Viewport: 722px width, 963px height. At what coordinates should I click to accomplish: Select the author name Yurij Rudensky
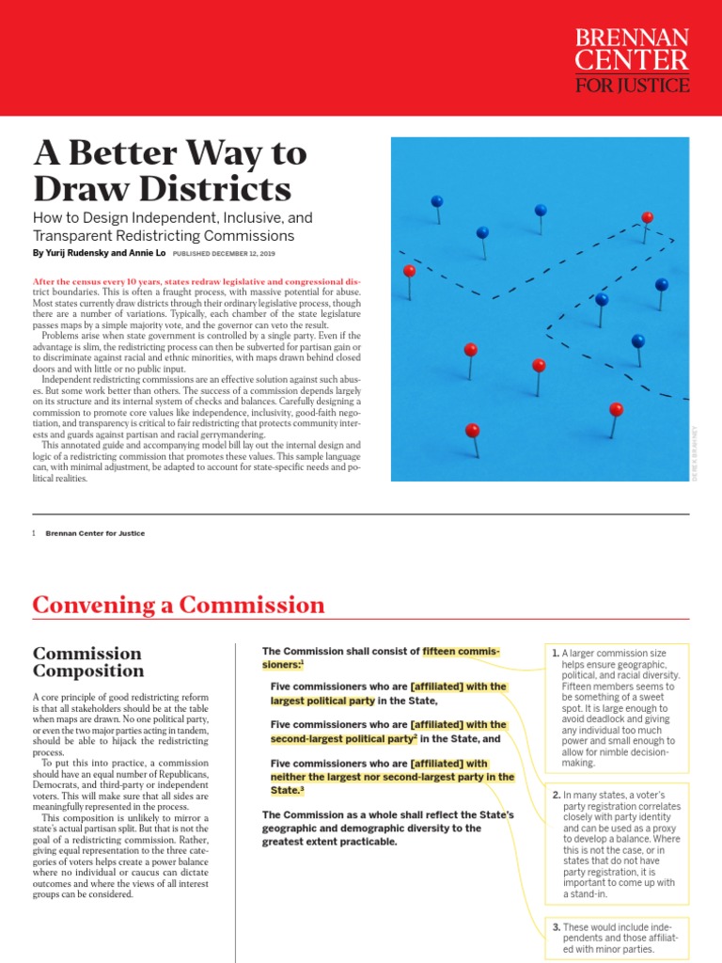pos(83,254)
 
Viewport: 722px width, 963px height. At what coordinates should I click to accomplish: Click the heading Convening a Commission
pos(179,605)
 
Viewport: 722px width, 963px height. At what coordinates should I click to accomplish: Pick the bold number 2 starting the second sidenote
pos(556,796)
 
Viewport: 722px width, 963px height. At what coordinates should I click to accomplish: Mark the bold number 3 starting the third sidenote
pos(556,928)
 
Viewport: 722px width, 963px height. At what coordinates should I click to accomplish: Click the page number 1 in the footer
pos(34,533)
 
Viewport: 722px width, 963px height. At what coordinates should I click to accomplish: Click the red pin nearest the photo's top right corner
pos(647,217)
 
